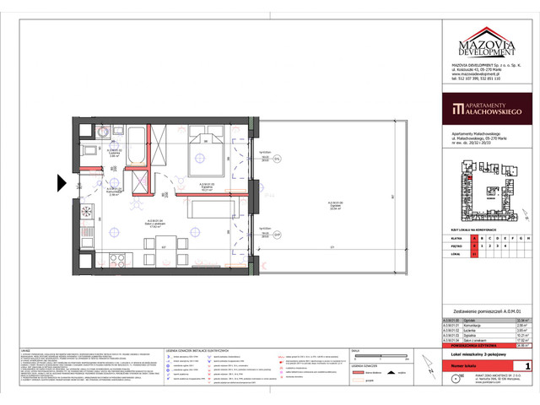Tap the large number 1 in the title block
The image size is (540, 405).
[x=527, y=365]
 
